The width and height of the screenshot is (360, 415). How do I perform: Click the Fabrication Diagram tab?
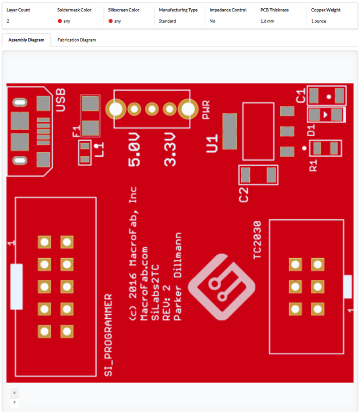click(77, 40)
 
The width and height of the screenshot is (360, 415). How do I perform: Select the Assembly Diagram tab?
click(26, 40)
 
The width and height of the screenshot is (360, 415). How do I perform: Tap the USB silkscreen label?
click(61, 101)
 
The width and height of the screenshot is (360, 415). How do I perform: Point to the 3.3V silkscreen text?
click(170, 149)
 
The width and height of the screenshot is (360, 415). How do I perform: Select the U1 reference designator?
click(212, 142)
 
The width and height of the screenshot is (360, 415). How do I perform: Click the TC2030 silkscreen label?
click(258, 240)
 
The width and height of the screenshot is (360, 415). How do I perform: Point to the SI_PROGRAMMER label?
click(109, 335)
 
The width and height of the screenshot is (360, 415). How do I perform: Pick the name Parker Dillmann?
click(178, 277)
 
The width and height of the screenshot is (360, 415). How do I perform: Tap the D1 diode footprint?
click(326, 114)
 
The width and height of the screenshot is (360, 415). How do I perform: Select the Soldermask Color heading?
click(74, 10)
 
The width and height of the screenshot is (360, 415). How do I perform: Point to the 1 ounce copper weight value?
click(318, 21)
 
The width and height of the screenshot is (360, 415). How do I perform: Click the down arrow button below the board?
click(14, 392)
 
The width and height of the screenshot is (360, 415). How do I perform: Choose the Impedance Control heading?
click(228, 10)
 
